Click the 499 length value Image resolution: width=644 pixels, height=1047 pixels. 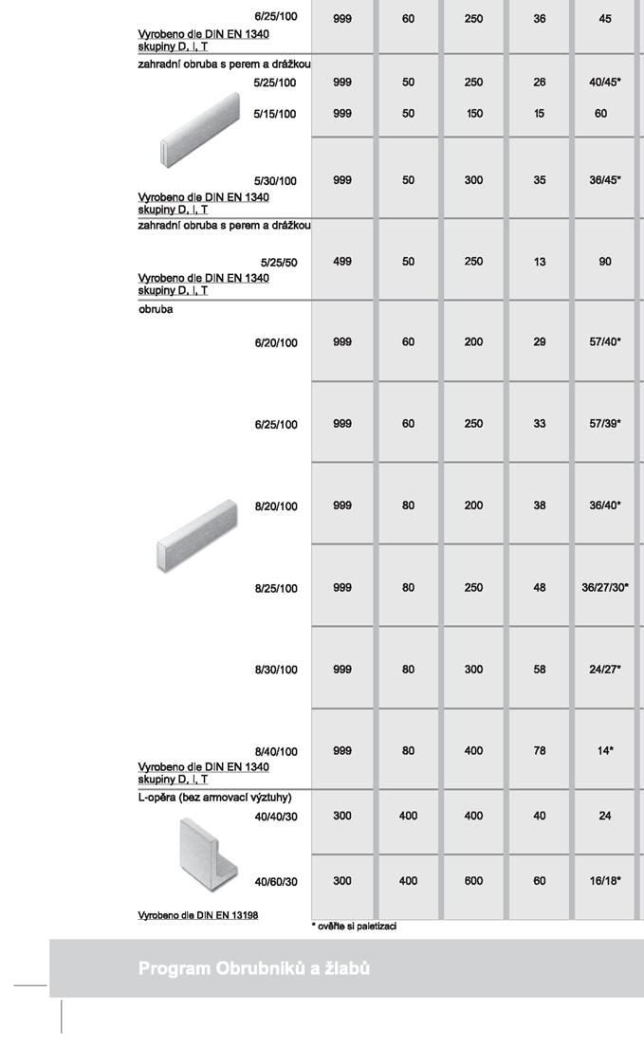342,262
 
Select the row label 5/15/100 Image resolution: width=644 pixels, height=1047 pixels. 275,115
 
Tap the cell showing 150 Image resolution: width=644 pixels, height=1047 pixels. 473,114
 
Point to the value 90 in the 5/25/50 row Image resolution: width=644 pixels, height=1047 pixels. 605,262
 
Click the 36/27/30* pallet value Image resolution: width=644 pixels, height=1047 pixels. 605,588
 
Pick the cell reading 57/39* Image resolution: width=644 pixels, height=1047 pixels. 605,424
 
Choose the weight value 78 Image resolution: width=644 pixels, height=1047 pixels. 540,751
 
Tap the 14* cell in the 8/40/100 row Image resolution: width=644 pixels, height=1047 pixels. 605,751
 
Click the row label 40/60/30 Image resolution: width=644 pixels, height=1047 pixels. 276,882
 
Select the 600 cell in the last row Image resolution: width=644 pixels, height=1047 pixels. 473,881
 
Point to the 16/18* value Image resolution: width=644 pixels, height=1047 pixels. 605,881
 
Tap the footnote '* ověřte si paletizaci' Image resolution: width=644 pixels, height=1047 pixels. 354,926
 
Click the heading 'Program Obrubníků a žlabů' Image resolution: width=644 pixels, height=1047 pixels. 253,968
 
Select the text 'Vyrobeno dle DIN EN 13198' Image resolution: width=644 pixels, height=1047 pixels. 198,915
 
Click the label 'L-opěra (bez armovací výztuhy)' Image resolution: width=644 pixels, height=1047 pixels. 214,798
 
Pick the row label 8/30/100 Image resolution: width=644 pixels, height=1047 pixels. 276,670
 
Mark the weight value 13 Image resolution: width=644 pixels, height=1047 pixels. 540,262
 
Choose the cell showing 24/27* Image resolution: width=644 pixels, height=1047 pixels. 605,670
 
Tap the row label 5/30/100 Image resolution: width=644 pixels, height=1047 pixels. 275,181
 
